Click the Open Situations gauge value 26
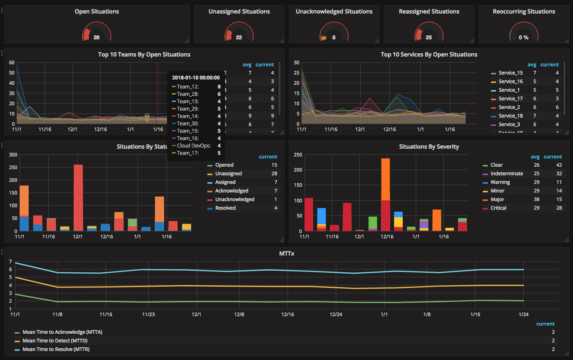click(97, 37)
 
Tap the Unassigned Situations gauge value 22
click(239, 37)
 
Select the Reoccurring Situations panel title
click(524, 11)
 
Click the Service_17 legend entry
click(510, 99)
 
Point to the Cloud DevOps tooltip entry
click(194, 146)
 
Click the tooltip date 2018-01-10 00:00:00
click(196, 77)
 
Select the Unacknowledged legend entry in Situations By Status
click(235, 199)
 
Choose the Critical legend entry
click(498, 208)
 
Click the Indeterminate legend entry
click(507, 174)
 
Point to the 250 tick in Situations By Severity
click(298, 155)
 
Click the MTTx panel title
click(286, 254)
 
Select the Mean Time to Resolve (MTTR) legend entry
click(56, 349)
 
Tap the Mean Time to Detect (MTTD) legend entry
click(55, 341)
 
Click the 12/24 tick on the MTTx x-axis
click(336, 315)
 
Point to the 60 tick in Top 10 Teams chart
click(12, 63)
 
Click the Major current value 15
click(559, 199)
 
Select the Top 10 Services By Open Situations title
click(429, 54)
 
